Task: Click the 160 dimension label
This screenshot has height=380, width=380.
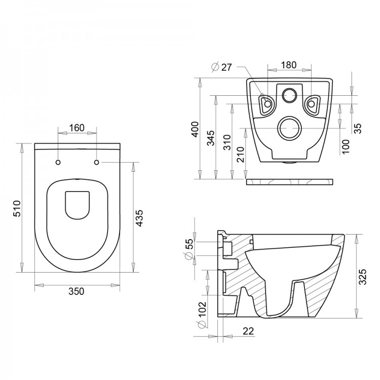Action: coord(77,128)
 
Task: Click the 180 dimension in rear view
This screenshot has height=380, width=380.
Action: coord(288,65)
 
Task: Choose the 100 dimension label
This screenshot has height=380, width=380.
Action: coord(346,145)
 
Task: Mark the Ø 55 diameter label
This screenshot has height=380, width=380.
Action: coord(189,249)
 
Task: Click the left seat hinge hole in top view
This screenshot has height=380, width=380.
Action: coord(58,162)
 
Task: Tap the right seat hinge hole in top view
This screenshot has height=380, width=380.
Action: coord(96,162)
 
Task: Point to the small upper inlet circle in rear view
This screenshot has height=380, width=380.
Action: coord(289,94)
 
